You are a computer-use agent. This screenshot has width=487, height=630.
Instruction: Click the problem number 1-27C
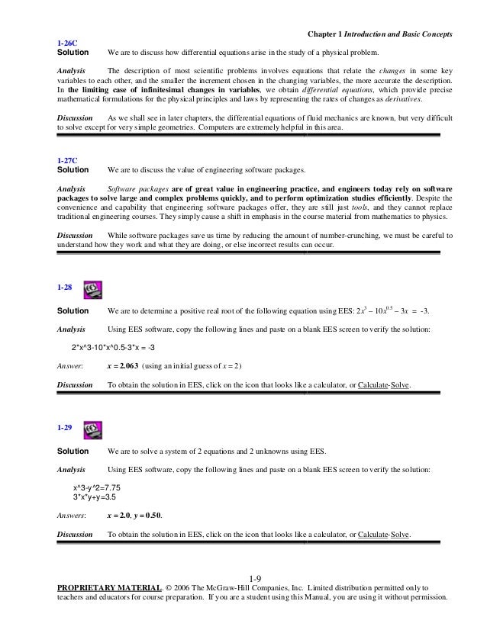[67, 159]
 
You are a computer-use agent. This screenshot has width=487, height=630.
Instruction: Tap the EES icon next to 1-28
[92, 289]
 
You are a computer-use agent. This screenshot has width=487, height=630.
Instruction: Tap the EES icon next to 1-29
[92, 428]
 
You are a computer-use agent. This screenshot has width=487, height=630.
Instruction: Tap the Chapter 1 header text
[380, 34]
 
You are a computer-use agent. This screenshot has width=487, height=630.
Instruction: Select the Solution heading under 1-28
[73, 312]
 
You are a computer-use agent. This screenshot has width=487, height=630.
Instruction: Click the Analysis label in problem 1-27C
[72, 188]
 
